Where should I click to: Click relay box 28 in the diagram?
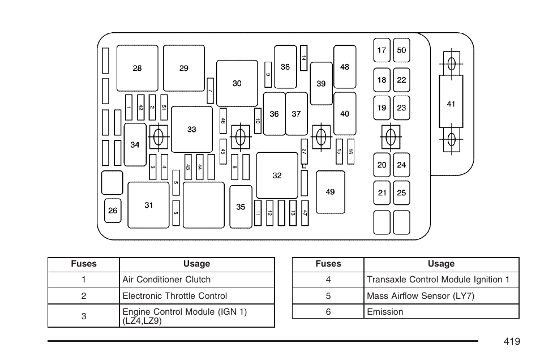(x=138, y=68)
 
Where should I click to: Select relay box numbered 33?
(x=192, y=129)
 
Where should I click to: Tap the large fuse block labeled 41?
(x=451, y=102)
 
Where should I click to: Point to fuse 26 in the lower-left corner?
(x=113, y=211)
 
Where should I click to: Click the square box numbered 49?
(x=330, y=192)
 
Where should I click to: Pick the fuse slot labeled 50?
(x=401, y=50)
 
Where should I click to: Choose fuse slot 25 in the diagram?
(x=401, y=193)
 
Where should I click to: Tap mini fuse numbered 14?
(x=303, y=58)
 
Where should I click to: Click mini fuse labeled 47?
(x=305, y=213)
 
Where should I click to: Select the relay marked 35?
(x=241, y=207)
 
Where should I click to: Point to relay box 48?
(x=345, y=67)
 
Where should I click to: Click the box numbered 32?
(x=277, y=175)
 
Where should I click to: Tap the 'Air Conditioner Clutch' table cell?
(x=197, y=280)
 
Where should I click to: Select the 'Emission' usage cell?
(x=442, y=312)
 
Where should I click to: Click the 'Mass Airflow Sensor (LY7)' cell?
(x=442, y=296)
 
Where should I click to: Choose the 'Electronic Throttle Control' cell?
(x=197, y=296)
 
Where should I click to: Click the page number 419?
(x=512, y=341)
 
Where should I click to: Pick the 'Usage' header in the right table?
(x=441, y=264)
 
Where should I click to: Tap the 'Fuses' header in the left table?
(x=84, y=264)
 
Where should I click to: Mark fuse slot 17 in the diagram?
(x=382, y=50)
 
